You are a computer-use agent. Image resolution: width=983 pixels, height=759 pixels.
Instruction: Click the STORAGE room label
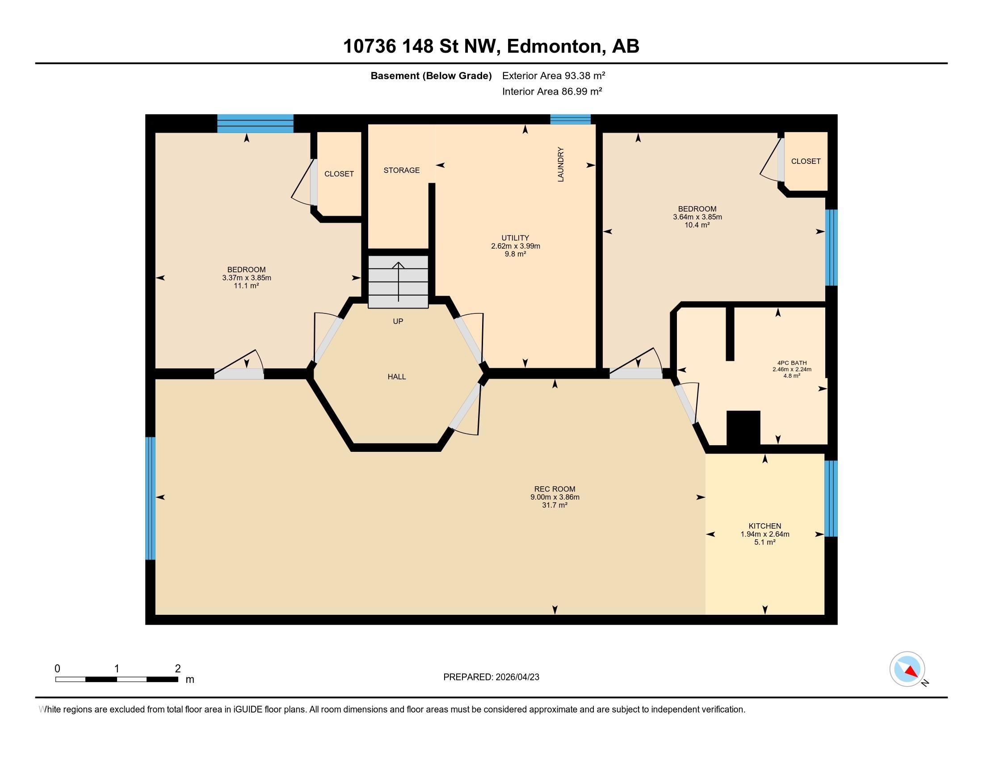401,170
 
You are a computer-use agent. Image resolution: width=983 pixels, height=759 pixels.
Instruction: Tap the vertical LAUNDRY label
560,164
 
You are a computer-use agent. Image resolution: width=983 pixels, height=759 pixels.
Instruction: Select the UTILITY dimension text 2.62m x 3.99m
515,246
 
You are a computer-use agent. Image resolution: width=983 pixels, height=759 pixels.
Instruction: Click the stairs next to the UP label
398,282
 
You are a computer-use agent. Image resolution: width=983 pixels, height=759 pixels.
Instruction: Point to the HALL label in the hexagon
396,377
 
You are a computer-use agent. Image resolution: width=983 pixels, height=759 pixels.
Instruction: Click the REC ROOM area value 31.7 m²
555,505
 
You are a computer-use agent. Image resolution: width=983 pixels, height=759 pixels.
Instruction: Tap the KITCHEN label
764,525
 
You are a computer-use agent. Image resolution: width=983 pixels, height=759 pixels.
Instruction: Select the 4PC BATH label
792,363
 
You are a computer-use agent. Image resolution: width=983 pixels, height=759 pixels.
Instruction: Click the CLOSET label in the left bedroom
339,174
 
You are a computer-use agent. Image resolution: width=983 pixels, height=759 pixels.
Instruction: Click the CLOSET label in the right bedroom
805,161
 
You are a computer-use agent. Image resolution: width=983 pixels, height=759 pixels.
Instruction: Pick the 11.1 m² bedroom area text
246,286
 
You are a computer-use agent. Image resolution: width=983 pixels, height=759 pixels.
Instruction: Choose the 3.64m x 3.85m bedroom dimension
697,217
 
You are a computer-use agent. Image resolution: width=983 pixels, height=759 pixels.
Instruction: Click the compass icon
907,669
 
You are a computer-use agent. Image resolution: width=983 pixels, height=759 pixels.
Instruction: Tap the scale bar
117,679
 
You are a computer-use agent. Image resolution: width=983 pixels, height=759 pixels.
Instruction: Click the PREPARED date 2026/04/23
516,677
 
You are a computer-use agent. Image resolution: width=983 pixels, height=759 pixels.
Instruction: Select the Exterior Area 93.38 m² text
553,75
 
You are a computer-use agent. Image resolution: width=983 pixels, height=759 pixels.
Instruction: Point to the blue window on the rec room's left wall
150,498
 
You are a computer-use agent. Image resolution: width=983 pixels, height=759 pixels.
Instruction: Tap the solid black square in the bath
743,428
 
